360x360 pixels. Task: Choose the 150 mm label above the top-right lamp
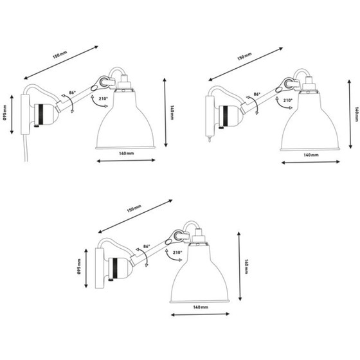click(244, 58)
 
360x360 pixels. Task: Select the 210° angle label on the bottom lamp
click(177, 253)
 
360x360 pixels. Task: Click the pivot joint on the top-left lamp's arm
click(100, 82)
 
